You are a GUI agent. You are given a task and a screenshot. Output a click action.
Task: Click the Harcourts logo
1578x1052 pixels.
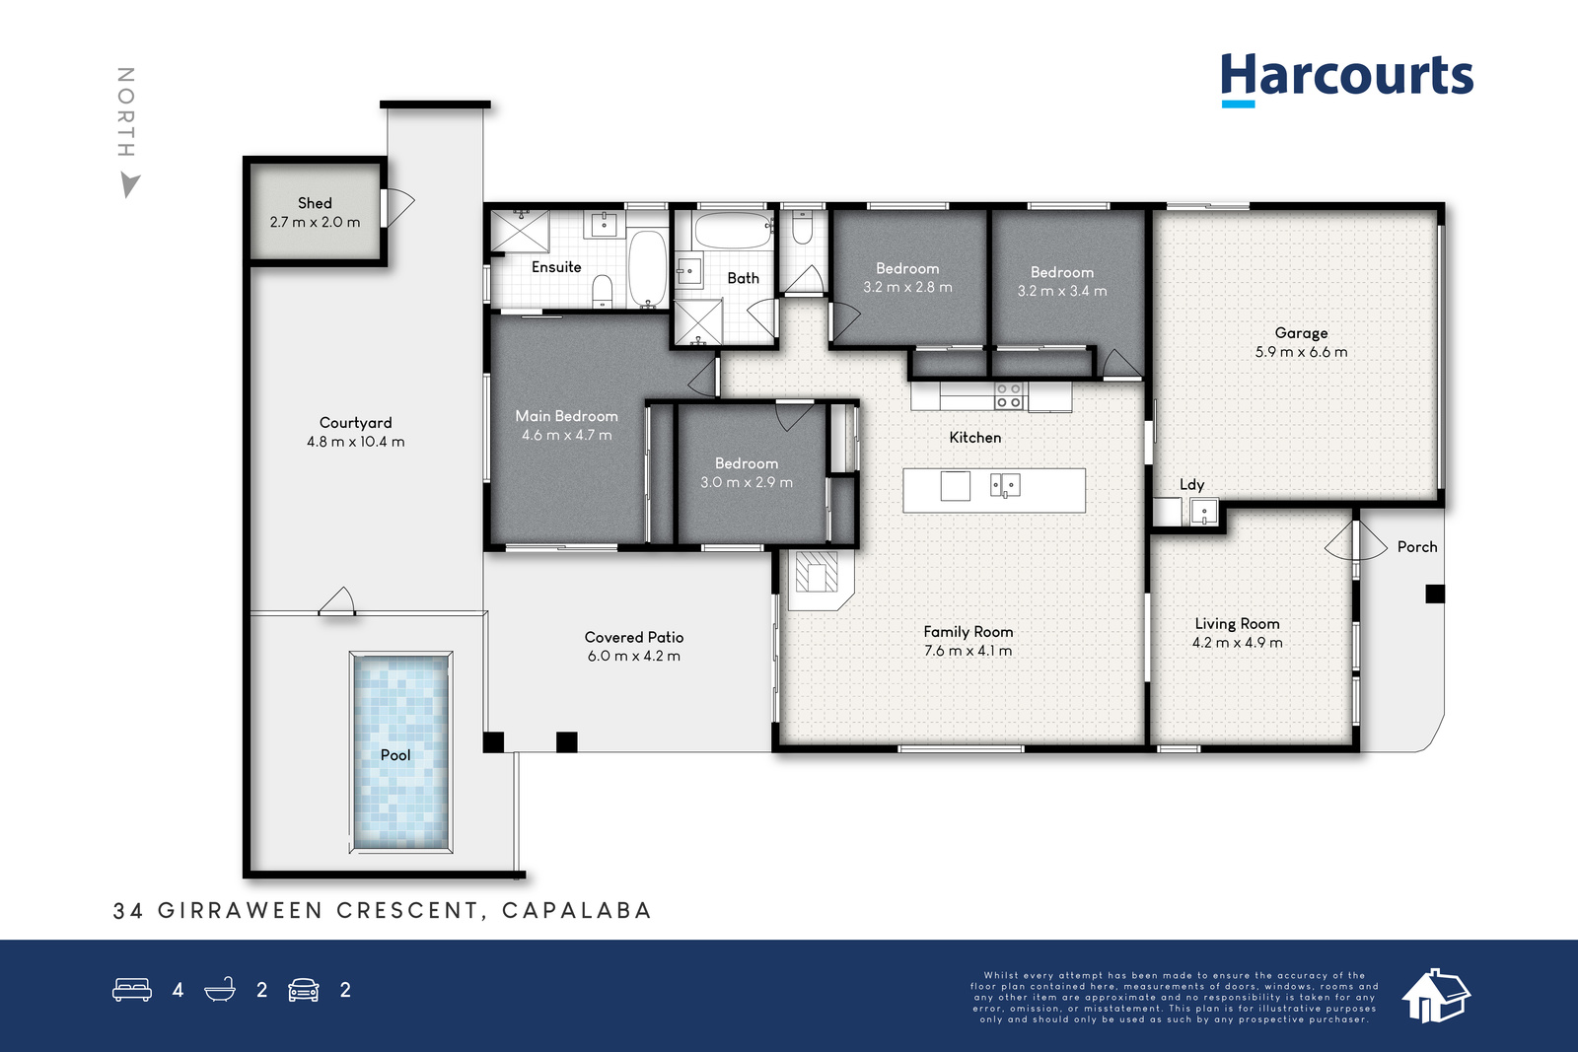[x=1347, y=79]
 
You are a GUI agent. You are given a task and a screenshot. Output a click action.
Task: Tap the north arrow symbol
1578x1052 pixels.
[x=129, y=185]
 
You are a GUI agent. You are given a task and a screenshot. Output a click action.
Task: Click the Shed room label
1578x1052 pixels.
[x=315, y=203]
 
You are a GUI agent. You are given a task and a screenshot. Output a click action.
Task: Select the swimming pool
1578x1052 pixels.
[x=400, y=752]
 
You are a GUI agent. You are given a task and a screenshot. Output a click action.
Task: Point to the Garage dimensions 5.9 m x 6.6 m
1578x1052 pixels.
[x=1301, y=352]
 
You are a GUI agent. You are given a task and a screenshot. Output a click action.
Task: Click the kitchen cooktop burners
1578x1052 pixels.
[x=1008, y=395]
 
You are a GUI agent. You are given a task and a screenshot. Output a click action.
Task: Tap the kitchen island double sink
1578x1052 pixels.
[x=1005, y=485]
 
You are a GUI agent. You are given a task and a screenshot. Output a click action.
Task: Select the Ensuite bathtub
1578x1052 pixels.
[x=647, y=267]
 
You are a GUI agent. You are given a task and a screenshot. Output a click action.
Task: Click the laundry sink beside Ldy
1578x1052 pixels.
[x=1204, y=512]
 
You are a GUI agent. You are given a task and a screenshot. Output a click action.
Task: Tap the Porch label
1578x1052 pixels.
[x=1417, y=547]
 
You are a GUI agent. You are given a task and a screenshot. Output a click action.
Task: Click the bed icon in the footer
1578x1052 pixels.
[x=132, y=989]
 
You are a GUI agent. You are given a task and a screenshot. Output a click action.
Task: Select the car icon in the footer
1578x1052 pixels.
[x=304, y=990]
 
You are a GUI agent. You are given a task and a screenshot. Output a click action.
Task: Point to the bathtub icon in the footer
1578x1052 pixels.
[x=220, y=989]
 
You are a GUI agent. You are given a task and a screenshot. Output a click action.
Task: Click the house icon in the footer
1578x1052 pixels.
[x=1436, y=996]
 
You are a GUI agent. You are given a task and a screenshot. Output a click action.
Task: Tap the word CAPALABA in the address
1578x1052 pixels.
[x=577, y=910]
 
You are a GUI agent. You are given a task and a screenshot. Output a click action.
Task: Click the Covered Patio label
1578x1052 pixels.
[x=634, y=637]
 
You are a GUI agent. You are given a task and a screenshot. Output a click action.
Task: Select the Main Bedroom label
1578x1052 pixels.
[x=566, y=416]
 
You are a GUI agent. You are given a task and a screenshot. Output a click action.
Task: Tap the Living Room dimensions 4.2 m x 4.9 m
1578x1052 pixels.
[x=1238, y=643]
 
